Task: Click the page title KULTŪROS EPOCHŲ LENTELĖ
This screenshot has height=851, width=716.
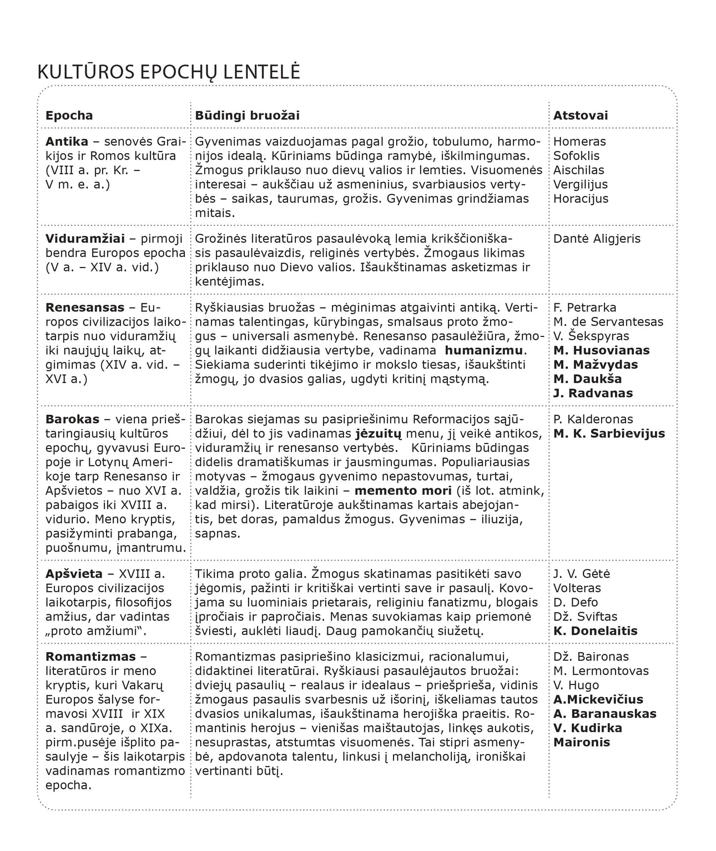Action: point(168,72)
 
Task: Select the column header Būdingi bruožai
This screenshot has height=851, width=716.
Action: point(247,115)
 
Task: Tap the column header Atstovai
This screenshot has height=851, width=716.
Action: point(580,115)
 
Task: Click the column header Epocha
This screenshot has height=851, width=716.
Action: point(69,115)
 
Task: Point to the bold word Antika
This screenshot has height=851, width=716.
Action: point(67,141)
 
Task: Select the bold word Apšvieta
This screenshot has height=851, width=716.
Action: point(74,574)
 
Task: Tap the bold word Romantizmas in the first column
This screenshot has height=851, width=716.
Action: point(90,657)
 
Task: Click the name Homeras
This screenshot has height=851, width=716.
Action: point(579,141)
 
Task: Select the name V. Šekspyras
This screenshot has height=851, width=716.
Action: point(591,336)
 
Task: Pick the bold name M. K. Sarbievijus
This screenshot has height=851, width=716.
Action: point(609,434)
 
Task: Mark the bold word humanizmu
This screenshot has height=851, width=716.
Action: point(484,350)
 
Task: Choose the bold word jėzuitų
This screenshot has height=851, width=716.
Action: point(378,434)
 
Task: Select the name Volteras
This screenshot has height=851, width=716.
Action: point(577,588)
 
